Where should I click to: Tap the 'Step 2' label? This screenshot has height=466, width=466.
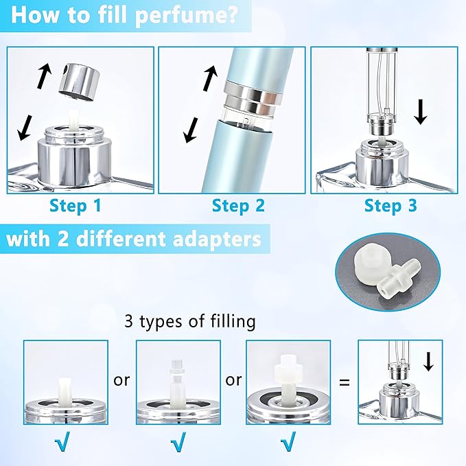point(237,205)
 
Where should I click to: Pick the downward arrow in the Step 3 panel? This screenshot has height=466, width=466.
point(421,111)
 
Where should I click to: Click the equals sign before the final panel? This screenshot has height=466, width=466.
point(344,380)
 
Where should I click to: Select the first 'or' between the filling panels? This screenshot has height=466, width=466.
point(121,380)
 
